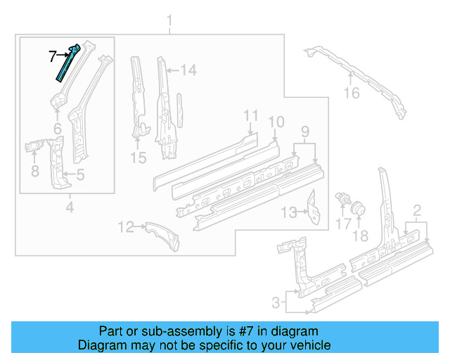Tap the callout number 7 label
click(52, 54)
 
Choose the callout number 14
click(188, 70)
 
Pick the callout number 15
click(139, 158)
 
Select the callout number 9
click(304, 131)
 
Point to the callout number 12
click(126, 226)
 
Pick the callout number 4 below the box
click(69, 207)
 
